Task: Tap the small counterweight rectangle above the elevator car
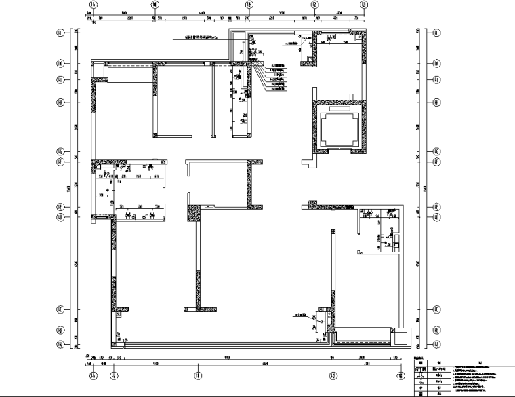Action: click(x=337, y=109)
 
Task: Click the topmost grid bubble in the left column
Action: click(x=60, y=32)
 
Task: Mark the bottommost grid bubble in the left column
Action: click(x=60, y=345)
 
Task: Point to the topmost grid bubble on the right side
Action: click(x=436, y=32)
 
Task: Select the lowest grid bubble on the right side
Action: click(x=436, y=345)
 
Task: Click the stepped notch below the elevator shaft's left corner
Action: click(x=309, y=163)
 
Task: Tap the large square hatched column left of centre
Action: click(x=193, y=213)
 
